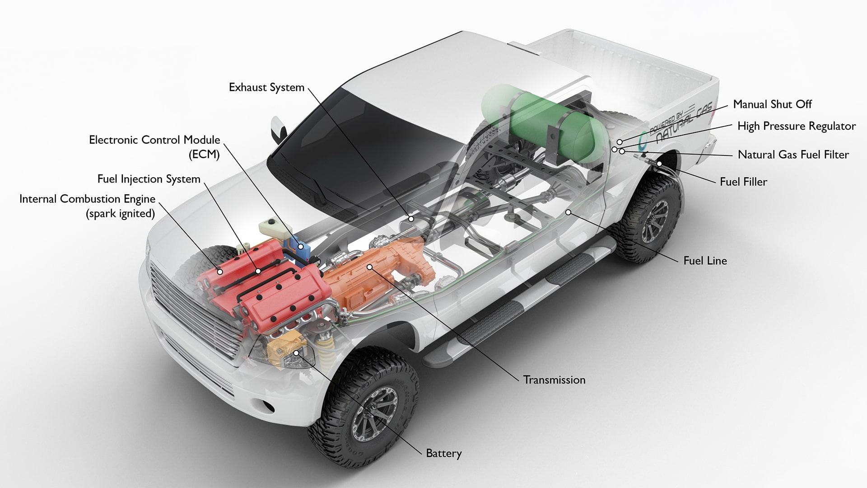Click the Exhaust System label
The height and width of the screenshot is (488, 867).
click(266, 87)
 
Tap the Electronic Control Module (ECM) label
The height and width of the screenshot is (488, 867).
click(154, 147)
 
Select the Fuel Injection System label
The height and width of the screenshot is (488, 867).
click(149, 179)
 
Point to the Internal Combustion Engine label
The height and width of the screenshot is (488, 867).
click(87, 206)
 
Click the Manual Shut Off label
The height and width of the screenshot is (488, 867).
click(772, 104)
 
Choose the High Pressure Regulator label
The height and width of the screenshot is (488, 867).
click(797, 126)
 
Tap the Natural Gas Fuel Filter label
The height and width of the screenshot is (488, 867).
click(793, 155)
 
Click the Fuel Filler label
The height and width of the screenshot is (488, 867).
click(743, 182)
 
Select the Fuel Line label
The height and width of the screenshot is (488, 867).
click(705, 261)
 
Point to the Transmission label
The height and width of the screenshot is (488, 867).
click(554, 380)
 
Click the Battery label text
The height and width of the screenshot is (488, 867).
click(444, 453)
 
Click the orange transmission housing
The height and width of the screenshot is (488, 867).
click(375, 267)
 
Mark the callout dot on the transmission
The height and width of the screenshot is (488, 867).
click(370, 267)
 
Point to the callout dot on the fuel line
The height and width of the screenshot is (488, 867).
click(568, 212)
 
